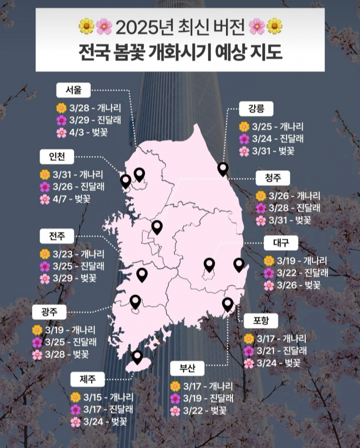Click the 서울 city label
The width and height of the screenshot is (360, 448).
tap(74, 91)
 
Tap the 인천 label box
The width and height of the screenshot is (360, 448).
tap(58, 157)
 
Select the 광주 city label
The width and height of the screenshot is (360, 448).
tap(48, 312)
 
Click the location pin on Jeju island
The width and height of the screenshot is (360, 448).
tap(137, 357)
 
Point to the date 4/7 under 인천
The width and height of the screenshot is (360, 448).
tap(62, 199)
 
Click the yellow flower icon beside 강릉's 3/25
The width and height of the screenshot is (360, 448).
tap(244, 127)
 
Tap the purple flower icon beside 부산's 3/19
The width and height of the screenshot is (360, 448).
tap(175, 399)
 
